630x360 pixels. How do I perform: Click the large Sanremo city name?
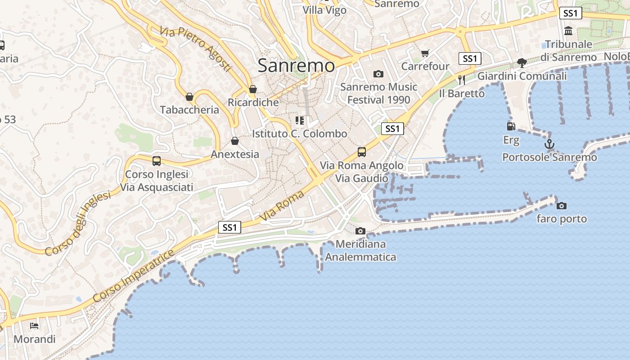coord(296,66)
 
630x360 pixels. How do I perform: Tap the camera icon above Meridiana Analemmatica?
coord(360,231)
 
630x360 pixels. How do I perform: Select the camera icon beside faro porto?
coord(562,206)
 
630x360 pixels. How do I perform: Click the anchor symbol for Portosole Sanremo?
coord(549,144)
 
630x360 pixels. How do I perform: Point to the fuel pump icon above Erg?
coord(511,126)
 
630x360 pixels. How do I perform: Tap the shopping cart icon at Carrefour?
coord(425,54)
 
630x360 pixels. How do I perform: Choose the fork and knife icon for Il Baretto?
coord(461,80)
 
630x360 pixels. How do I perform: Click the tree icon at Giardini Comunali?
coord(522,63)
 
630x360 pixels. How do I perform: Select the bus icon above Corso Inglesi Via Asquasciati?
coord(157,161)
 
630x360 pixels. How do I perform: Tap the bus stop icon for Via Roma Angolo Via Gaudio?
coord(362,152)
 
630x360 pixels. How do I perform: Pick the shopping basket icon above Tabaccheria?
coord(189,97)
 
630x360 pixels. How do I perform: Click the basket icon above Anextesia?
coord(235,141)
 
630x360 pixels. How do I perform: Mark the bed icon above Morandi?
coord(34,326)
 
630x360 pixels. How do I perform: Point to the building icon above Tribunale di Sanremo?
coord(568,31)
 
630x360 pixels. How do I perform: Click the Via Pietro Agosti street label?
coord(195,49)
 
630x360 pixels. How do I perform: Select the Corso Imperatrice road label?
coord(134,276)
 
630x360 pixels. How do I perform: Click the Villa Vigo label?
coord(324,10)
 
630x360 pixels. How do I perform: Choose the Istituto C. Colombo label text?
coord(299,134)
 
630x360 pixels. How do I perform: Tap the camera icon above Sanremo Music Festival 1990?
coord(378,74)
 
